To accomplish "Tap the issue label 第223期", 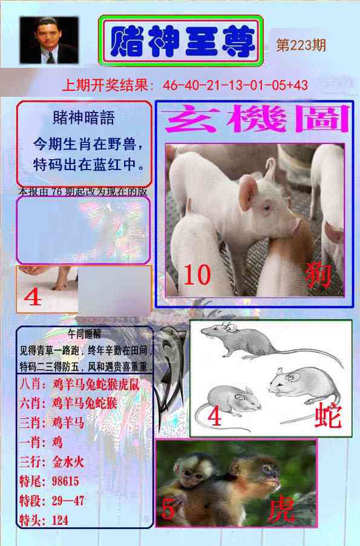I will [301, 45].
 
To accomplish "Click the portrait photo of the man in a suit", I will [49, 41].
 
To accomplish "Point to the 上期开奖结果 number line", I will [185, 85].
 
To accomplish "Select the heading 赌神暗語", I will [83, 117].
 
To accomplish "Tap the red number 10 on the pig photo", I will [197, 276].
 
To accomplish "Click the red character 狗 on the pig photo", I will [319, 276].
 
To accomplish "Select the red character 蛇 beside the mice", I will [327, 416].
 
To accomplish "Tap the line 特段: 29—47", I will [51, 501].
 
